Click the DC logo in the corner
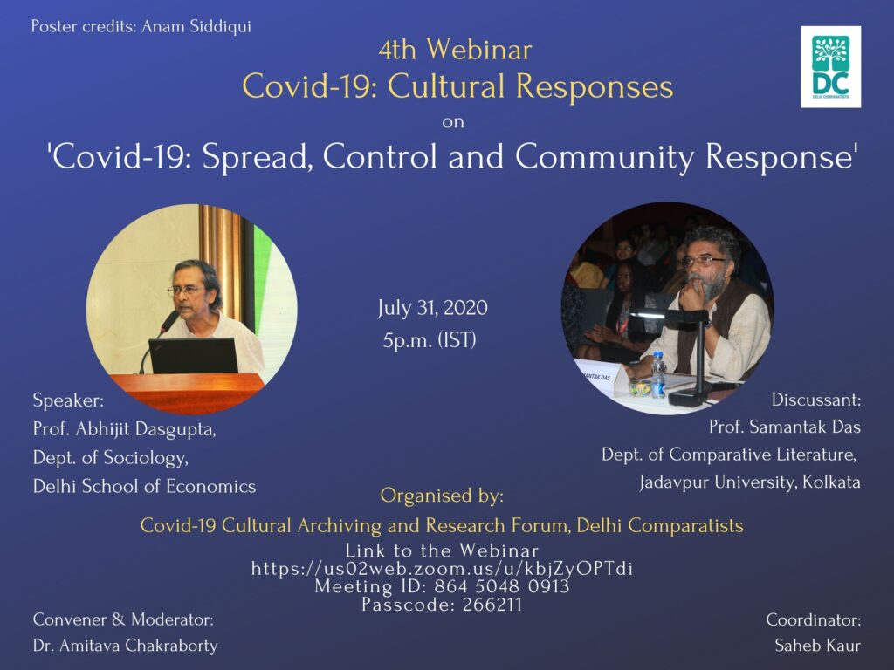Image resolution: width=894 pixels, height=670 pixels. [x=830, y=66]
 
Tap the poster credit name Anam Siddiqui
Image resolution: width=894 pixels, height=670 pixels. [x=196, y=27]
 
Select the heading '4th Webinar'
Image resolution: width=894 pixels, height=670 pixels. [x=455, y=50]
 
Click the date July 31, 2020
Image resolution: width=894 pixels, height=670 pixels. [x=432, y=308]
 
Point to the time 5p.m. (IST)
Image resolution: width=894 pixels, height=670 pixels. [x=430, y=341]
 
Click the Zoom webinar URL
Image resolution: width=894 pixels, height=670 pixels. [x=442, y=569]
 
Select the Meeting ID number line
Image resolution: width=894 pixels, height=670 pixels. [x=442, y=586]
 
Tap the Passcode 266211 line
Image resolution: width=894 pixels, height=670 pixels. [x=442, y=605]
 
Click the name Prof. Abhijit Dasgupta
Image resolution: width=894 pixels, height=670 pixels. [x=124, y=429]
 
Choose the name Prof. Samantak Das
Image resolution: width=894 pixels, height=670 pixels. [x=785, y=427]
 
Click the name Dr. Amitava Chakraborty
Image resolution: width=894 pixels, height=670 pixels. [x=126, y=646]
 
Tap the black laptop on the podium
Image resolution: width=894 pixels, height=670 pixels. [x=193, y=356]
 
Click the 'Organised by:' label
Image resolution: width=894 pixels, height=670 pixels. [x=442, y=496]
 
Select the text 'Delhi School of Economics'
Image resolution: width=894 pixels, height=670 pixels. [x=144, y=487]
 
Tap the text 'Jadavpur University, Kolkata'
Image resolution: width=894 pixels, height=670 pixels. [x=750, y=482]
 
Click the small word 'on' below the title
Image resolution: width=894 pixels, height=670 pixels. [x=453, y=122]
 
